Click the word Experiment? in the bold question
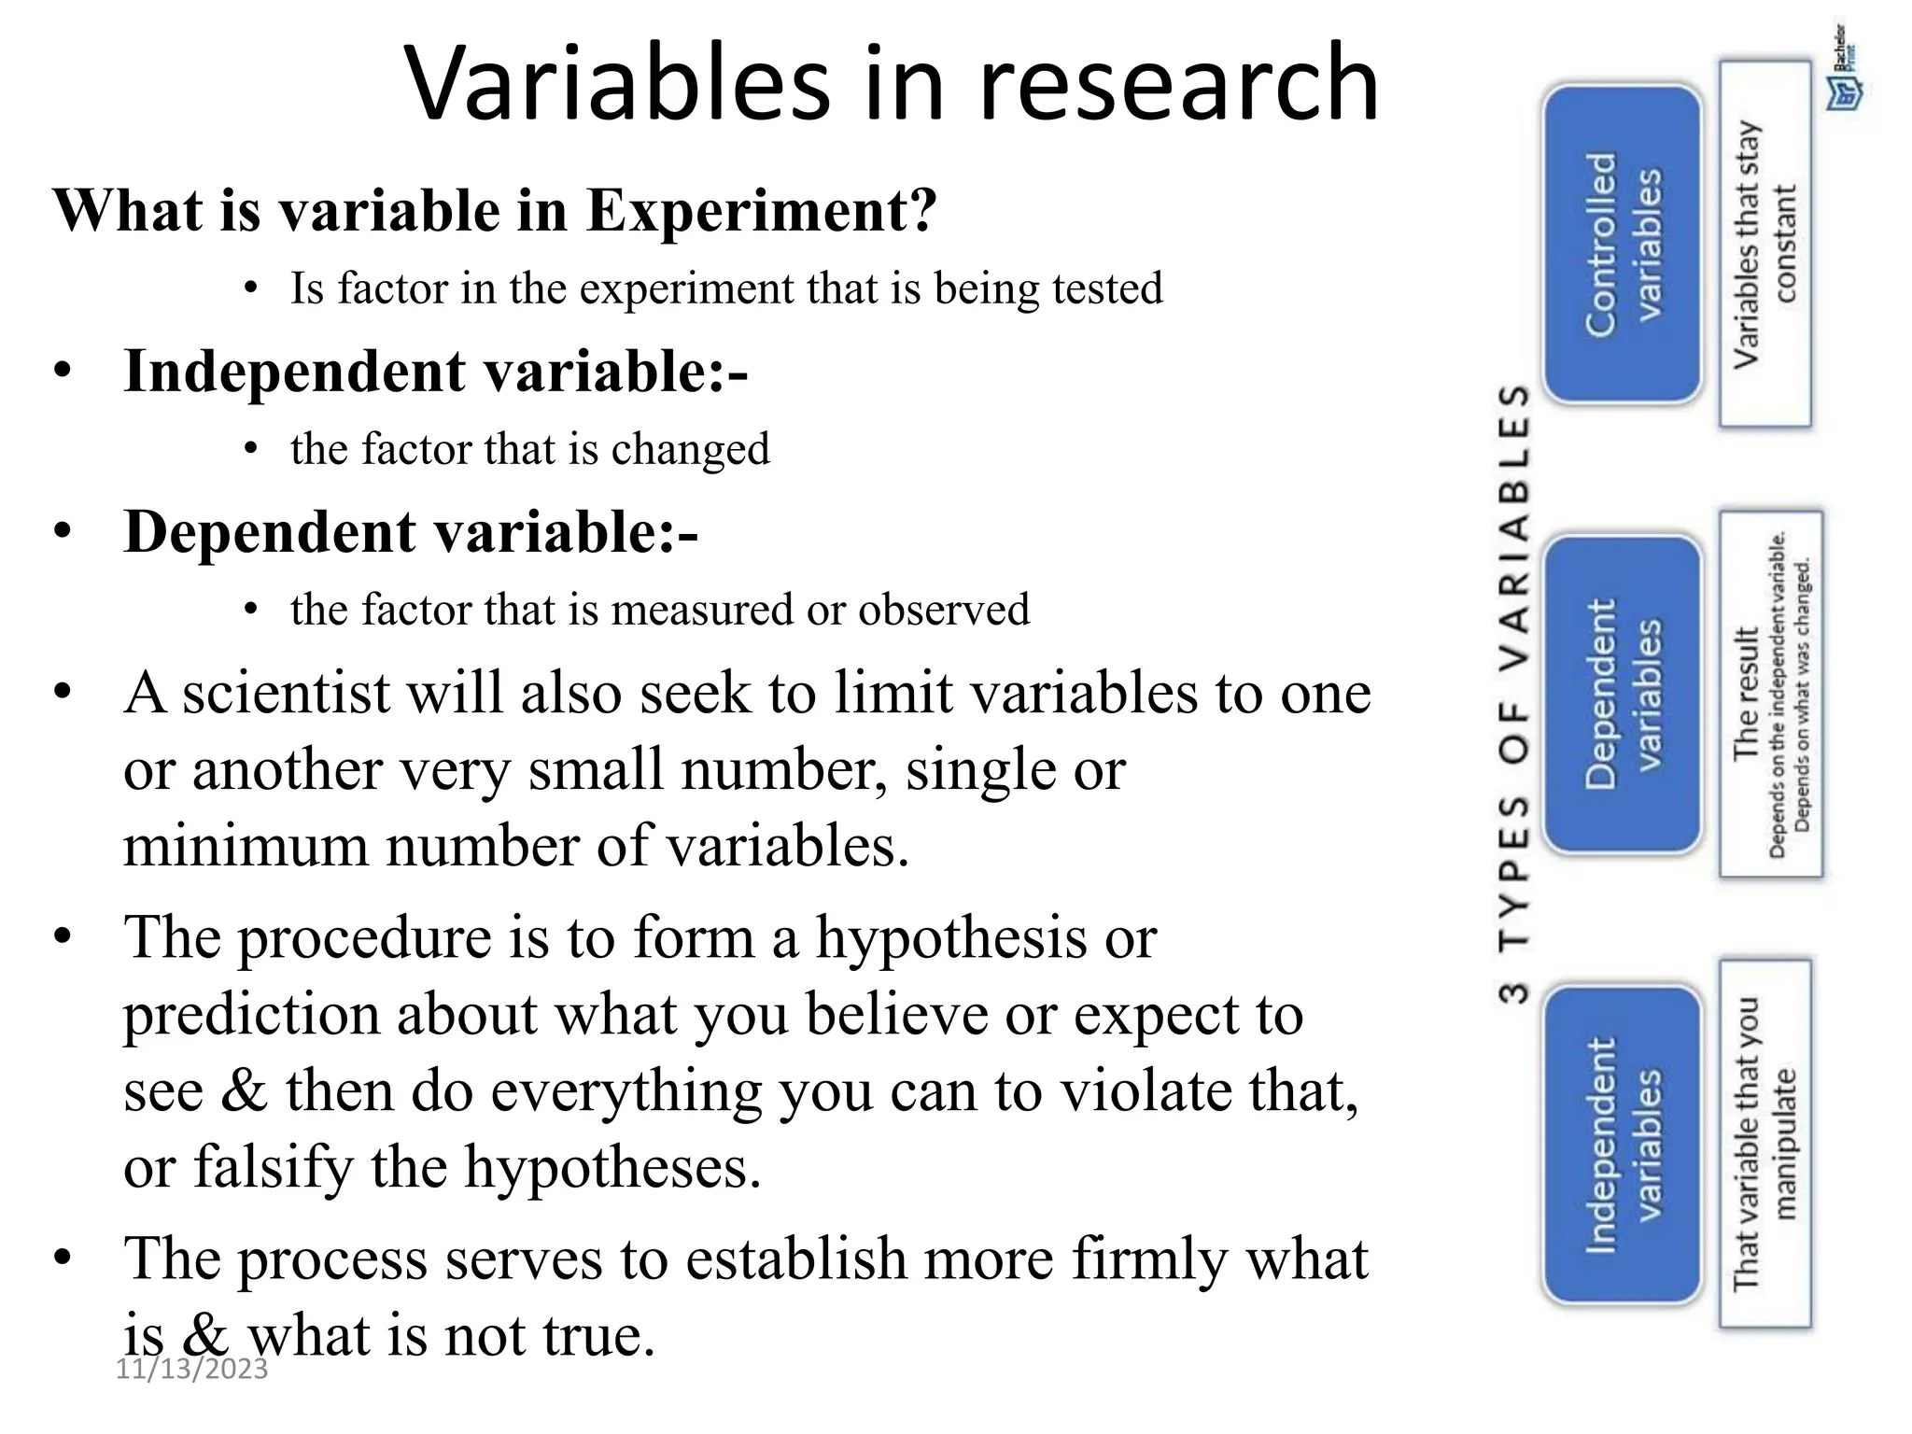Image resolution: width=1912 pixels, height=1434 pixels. (x=761, y=211)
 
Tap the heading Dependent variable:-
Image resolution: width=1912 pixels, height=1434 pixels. (x=411, y=532)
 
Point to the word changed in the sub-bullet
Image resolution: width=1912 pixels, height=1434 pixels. (x=690, y=449)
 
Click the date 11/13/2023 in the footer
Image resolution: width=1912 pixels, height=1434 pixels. (x=191, y=1369)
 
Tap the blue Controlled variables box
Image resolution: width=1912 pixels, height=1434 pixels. (x=1623, y=245)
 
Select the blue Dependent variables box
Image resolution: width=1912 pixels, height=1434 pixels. (x=1623, y=695)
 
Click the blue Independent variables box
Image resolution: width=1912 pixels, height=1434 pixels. (x=1623, y=1145)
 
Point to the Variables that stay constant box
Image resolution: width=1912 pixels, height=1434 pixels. (x=1764, y=245)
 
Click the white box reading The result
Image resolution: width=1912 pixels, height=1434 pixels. (x=1770, y=693)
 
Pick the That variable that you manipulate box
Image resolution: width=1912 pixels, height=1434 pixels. (x=1764, y=1144)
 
